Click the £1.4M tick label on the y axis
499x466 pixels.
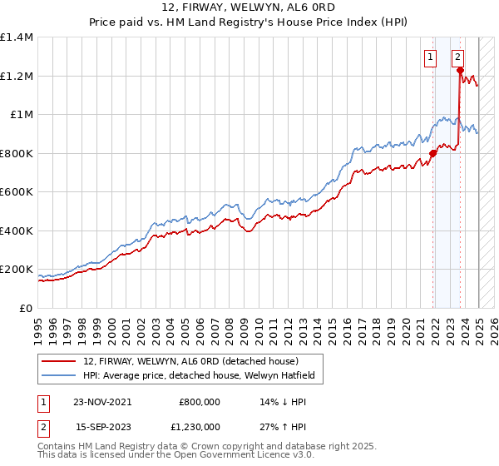pos(16,37)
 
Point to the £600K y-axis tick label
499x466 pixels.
pos(16,191)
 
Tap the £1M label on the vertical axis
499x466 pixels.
pos(20,115)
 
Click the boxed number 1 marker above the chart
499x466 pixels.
pos(430,57)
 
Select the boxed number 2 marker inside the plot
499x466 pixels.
pos(457,57)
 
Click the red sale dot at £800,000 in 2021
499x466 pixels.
pos(433,154)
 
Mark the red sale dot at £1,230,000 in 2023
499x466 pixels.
pos(460,72)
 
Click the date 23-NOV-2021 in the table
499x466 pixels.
pos(102,401)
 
